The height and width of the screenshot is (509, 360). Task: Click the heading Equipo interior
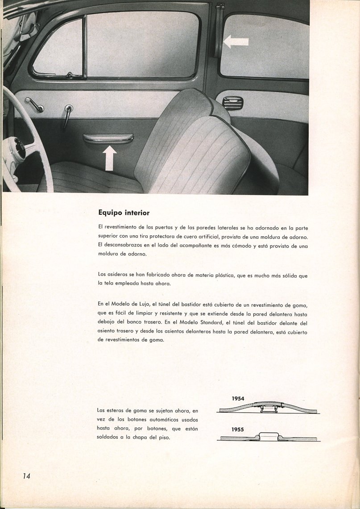pos(124,213)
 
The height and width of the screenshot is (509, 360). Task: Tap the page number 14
pos(26,476)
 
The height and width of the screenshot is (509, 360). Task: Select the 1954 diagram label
pos(238,398)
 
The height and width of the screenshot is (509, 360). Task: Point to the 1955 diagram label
pos(238,430)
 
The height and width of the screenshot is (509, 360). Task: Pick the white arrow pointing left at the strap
pos(236,42)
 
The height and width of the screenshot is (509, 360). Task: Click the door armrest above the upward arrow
pos(108,138)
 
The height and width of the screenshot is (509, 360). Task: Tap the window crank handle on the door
pos(35,105)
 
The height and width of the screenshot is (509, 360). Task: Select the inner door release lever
pos(67,115)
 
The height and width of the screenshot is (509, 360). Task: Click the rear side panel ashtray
pos(232,103)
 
